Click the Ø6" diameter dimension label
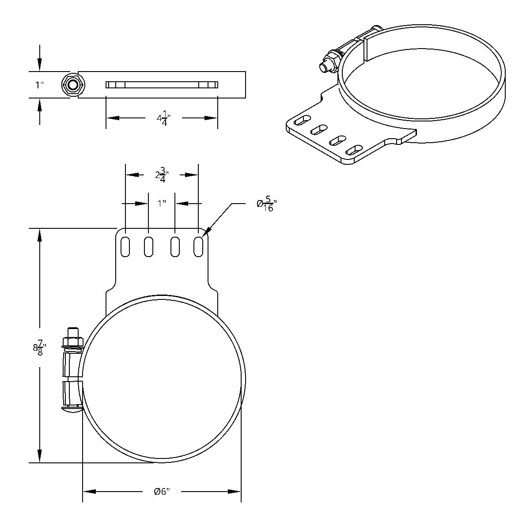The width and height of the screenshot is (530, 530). click(162, 492)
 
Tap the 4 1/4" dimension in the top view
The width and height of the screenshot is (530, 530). click(163, 120)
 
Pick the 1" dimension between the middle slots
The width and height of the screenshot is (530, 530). click(162, 203)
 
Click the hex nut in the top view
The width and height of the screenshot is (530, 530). click(72, 84)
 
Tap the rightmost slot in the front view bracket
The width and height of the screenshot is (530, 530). click(198, 246)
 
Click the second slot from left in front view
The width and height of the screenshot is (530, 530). click(149, 246)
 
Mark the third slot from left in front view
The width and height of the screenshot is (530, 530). click(175, 246)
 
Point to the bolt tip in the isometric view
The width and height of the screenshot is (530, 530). click(323, 68)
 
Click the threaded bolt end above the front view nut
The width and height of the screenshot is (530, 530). click(73, 332)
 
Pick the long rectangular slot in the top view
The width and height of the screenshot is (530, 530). click(162, 85)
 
